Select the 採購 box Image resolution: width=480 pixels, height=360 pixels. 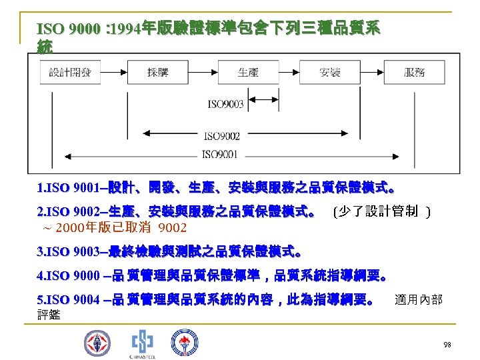pos(158,73)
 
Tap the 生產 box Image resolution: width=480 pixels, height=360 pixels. pos(248,73)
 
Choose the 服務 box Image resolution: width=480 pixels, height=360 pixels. pos(414,73)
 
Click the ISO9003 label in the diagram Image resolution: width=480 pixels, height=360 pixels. pos(225,104)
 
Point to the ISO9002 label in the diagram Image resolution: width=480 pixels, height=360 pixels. pos(222,136)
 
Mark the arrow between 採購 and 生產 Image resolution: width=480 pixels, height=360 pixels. pos(202,73)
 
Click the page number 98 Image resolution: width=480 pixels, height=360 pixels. pos(447,344)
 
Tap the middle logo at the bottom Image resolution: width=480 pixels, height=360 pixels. pos(141,343)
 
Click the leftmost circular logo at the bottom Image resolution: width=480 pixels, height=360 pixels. pos(97,343)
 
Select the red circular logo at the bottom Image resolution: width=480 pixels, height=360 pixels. pos(183,343)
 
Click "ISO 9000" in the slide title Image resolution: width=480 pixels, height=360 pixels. pos(63,29)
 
